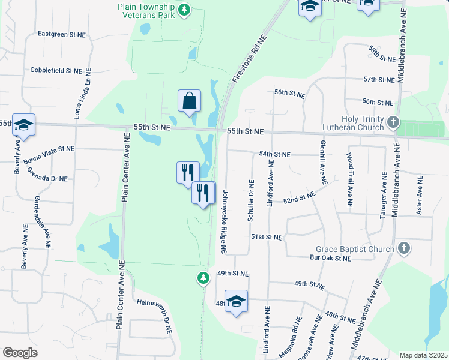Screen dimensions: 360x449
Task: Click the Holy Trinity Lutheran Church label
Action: click(x=362, y=123)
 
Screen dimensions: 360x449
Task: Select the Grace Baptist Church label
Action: click(x=355, y=249)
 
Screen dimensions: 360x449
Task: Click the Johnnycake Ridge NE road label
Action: click(x=224, y=221)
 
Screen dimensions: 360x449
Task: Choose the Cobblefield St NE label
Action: click(x=56, y=70)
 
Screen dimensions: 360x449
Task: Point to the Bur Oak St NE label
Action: click(x=330, y=259)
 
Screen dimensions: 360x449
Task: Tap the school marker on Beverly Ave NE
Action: click(x=23, y=124)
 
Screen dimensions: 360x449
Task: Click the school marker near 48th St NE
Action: click(x=236, y=301)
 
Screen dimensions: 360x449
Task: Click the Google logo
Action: click(x=20, y=353)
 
